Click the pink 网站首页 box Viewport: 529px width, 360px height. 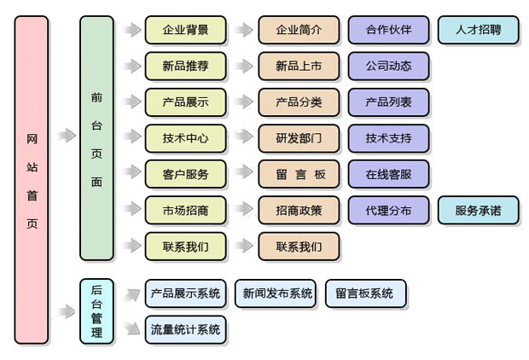pyautogui.click(x=32, y=180)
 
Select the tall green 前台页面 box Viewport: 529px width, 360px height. pyautogui.click(x=96, y=138)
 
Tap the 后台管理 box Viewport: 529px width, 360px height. pyautogui.click(x=96, y=311)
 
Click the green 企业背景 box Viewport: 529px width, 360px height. pyautogui.click(x=185, y=30)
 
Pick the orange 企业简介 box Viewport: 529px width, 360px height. pyautogui.click(x=299, y=30)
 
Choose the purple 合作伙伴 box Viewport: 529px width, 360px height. pyautogui.click(x=388, y=30)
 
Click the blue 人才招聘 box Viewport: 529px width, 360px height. pyautogui.click(x=478, y=30)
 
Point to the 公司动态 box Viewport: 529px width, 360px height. pyautogui.click(x=388, y=66)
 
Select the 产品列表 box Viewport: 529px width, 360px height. pyautogui.click(x=388, y=102)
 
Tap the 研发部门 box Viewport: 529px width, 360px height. pyautogui.click(x=299, y=138)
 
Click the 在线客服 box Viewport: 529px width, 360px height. pyautogui.click(x=388, y=174)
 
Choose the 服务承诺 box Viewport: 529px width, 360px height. pyautogui.click(x=478, y=210)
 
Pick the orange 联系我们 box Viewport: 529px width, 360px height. pyautogui.click(x=299, y=247)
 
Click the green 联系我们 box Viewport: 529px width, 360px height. pyautogui.click(x=185, y=247)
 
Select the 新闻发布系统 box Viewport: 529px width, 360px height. pyautogui.click(x=277, y=293)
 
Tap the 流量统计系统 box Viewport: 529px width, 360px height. pyautogui.click(x=185, y=329)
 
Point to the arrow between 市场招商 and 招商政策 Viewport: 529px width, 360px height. pyautogui.click(x=245, y=210)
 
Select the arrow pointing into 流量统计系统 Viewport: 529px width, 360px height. pyautogui.click(x=131, y=326)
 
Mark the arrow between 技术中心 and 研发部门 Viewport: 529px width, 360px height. pyautogui.click(x=245, y=138)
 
